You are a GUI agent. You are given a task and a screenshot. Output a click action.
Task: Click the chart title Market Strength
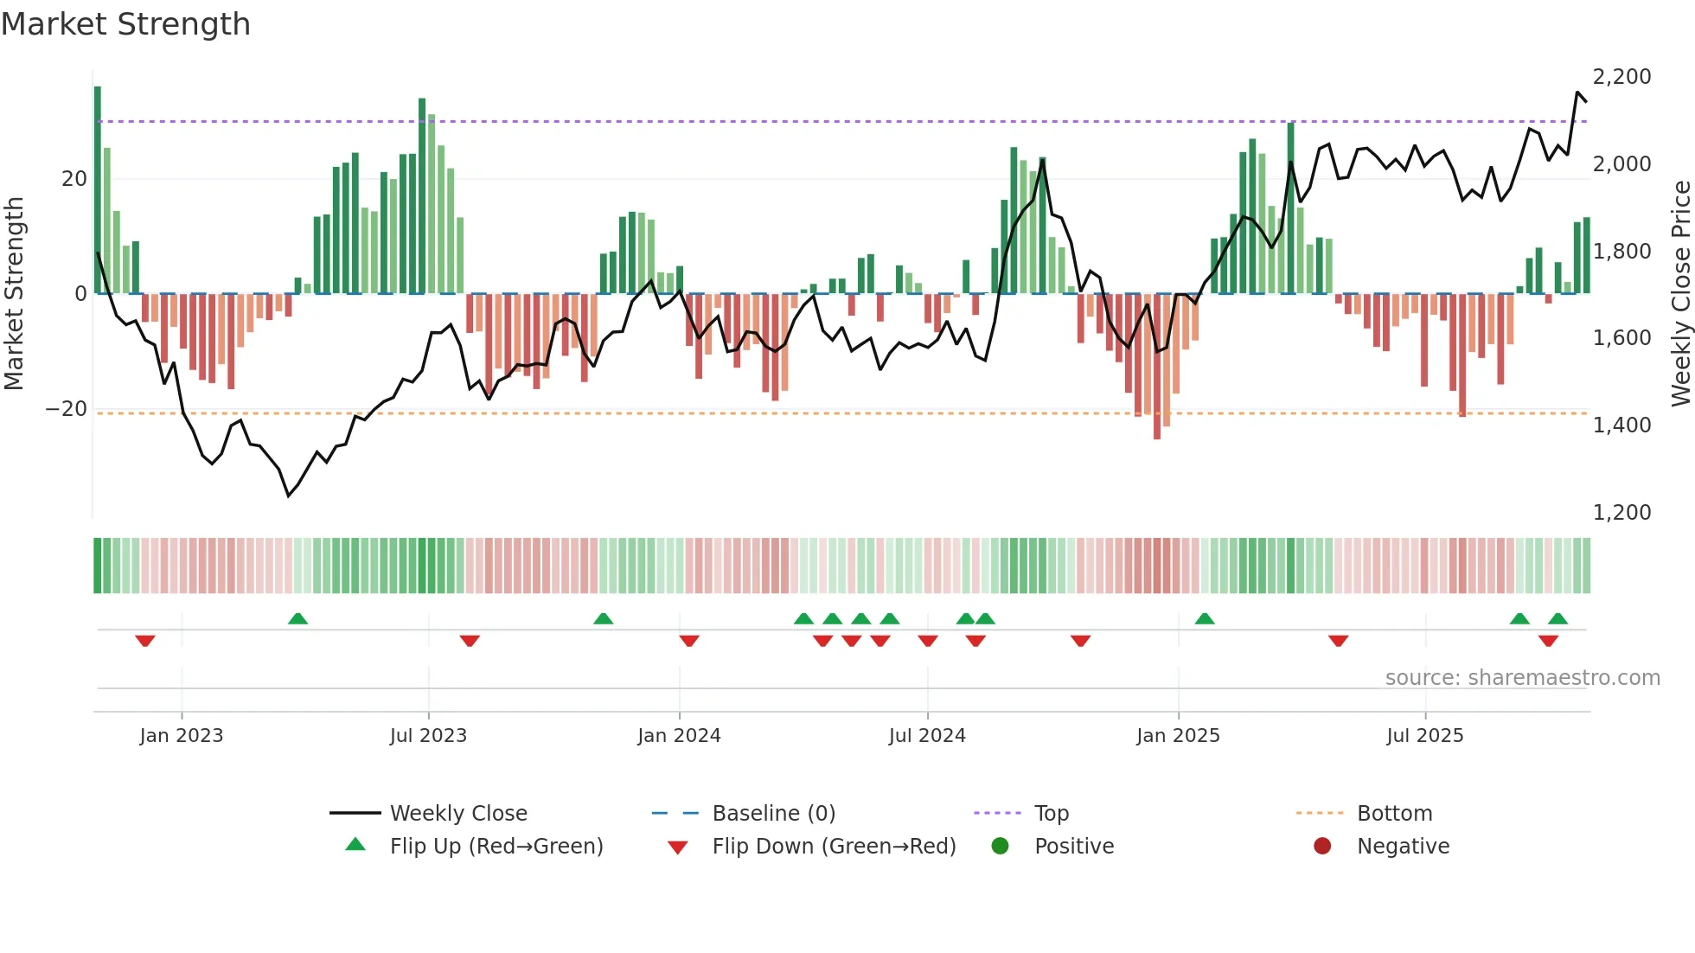[125, 24]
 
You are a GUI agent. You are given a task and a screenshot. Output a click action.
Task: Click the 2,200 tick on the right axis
[1621, 77]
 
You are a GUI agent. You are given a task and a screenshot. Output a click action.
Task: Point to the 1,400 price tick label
[1621, 425]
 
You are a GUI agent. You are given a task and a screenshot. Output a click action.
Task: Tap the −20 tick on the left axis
[67, 409]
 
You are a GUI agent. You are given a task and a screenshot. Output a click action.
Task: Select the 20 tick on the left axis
[74, 179]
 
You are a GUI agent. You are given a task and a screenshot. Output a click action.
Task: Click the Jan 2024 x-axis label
[679, 736]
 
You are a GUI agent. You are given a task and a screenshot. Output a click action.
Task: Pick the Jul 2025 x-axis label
[1424, 736]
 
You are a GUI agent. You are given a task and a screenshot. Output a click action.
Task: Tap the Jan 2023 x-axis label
[182, 736]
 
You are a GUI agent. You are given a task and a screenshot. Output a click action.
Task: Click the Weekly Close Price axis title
[1680, 294]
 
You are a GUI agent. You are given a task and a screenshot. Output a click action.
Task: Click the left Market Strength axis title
[15, 294]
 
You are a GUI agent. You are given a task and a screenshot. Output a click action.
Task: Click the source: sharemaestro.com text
[1522, 678]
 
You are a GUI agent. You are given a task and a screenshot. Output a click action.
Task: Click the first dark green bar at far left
[98, 190]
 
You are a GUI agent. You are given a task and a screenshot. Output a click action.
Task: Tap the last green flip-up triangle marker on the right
[1557, 619]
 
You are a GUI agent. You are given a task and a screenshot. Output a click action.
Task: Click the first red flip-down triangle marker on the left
[145, 641]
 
